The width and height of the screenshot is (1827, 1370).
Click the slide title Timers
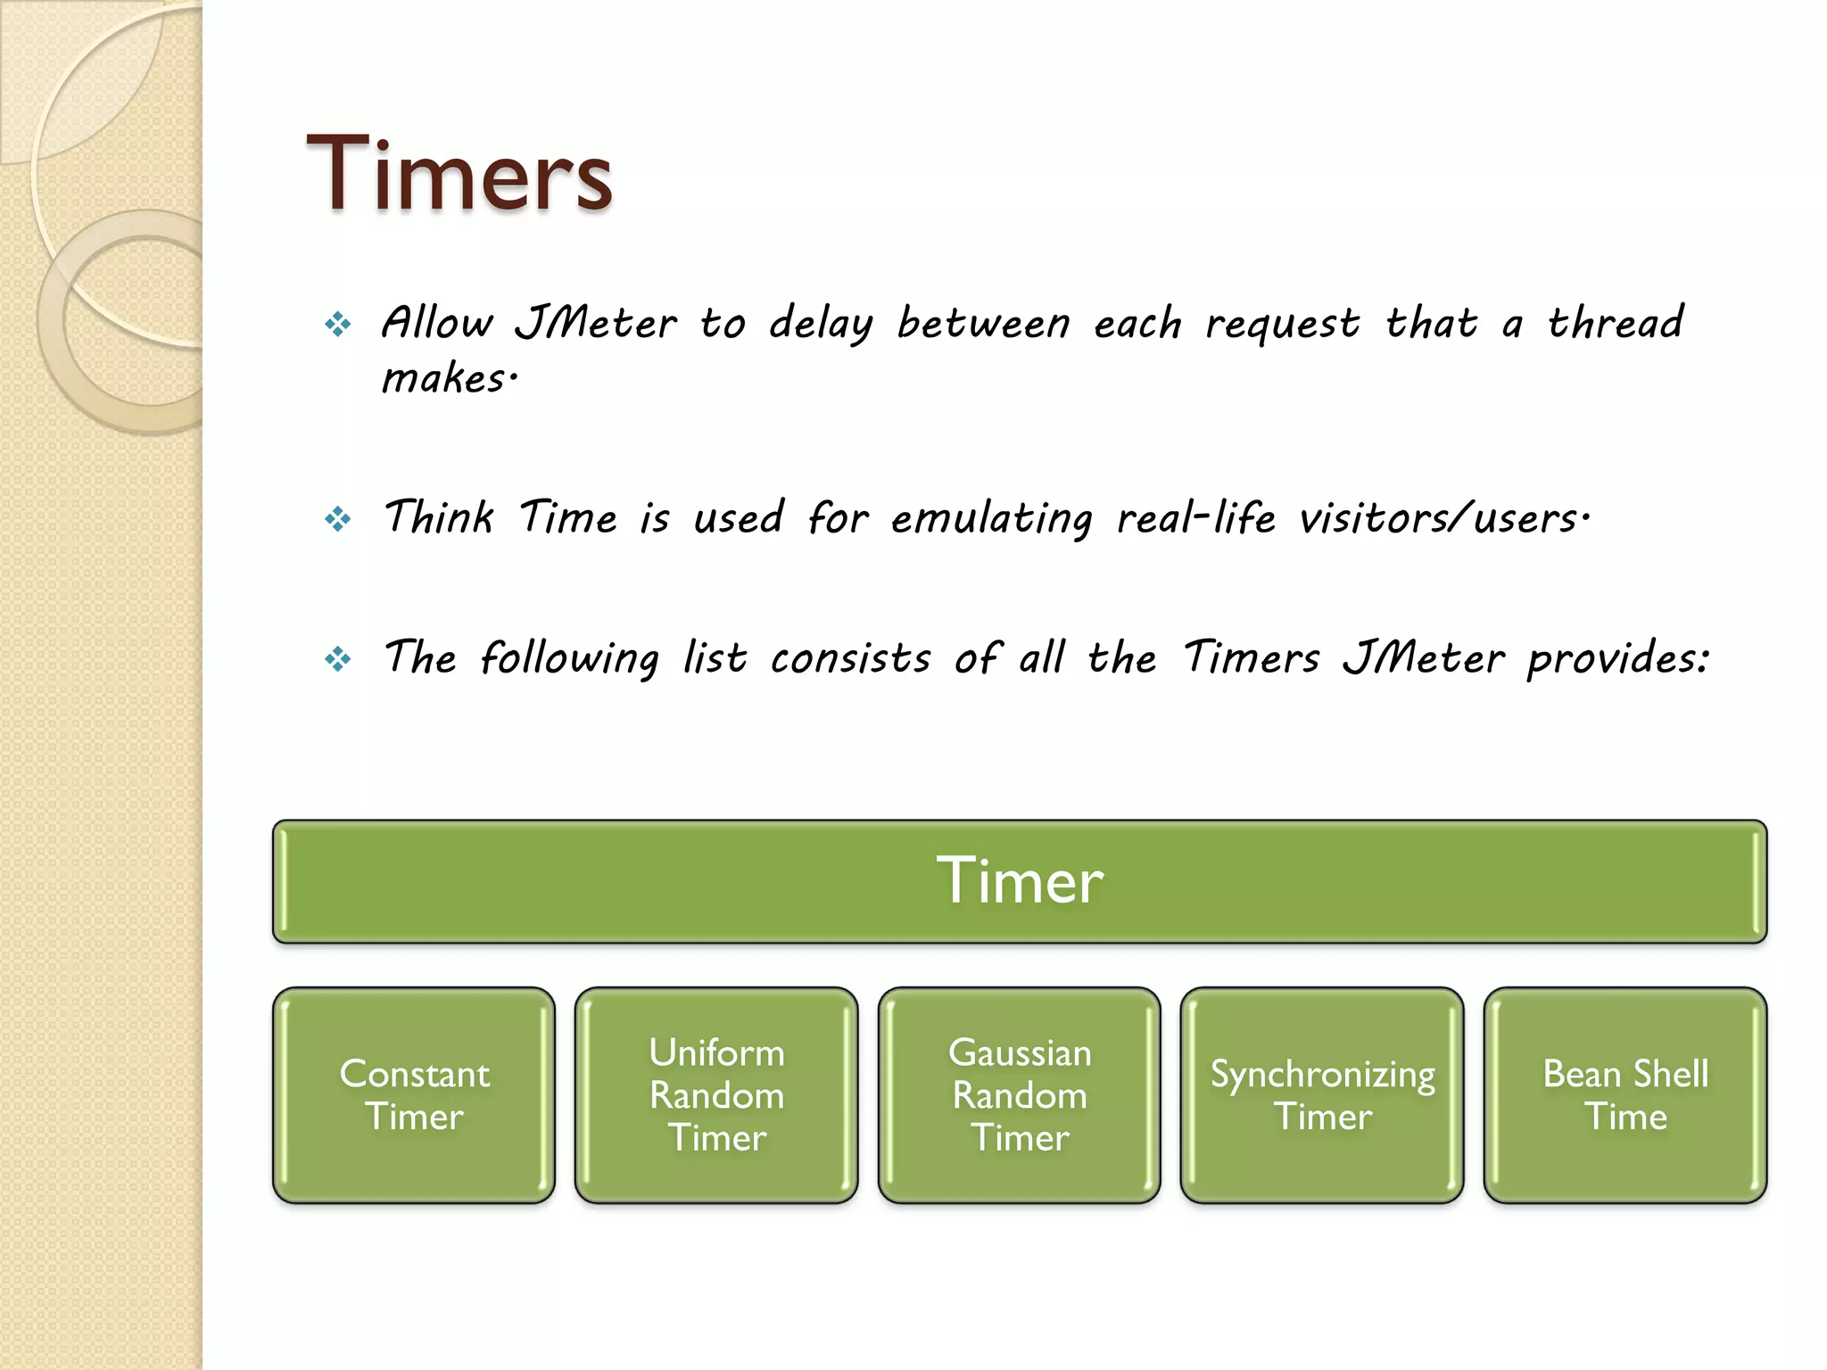(459, 174)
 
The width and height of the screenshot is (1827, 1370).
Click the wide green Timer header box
(1019, 881)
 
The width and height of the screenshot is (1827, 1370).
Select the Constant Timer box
(414, 1094)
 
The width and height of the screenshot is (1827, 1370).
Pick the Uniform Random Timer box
(716, 1094)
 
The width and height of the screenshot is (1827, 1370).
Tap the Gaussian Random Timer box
(1019, 1094)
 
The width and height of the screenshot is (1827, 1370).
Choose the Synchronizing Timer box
(1322, 1094)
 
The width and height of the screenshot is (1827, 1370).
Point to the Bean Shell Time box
(1625, 1094)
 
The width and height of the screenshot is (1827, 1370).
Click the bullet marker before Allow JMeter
(338, 324)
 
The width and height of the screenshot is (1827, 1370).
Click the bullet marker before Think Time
(338, 518)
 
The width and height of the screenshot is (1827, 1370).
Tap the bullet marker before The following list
(338, 659)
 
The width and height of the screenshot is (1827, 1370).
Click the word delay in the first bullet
(821, 324)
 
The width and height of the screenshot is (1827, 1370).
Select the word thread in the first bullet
(1615, 322)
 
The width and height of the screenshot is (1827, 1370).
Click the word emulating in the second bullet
(991, 519)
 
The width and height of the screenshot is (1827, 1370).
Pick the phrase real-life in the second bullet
(1195, 518)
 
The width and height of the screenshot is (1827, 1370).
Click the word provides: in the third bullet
(1618, 660)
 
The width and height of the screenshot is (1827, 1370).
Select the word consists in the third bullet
(850, 659)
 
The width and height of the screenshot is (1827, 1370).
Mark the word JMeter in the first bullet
(596, 323)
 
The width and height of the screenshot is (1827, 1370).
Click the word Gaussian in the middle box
(1019, 1053)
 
